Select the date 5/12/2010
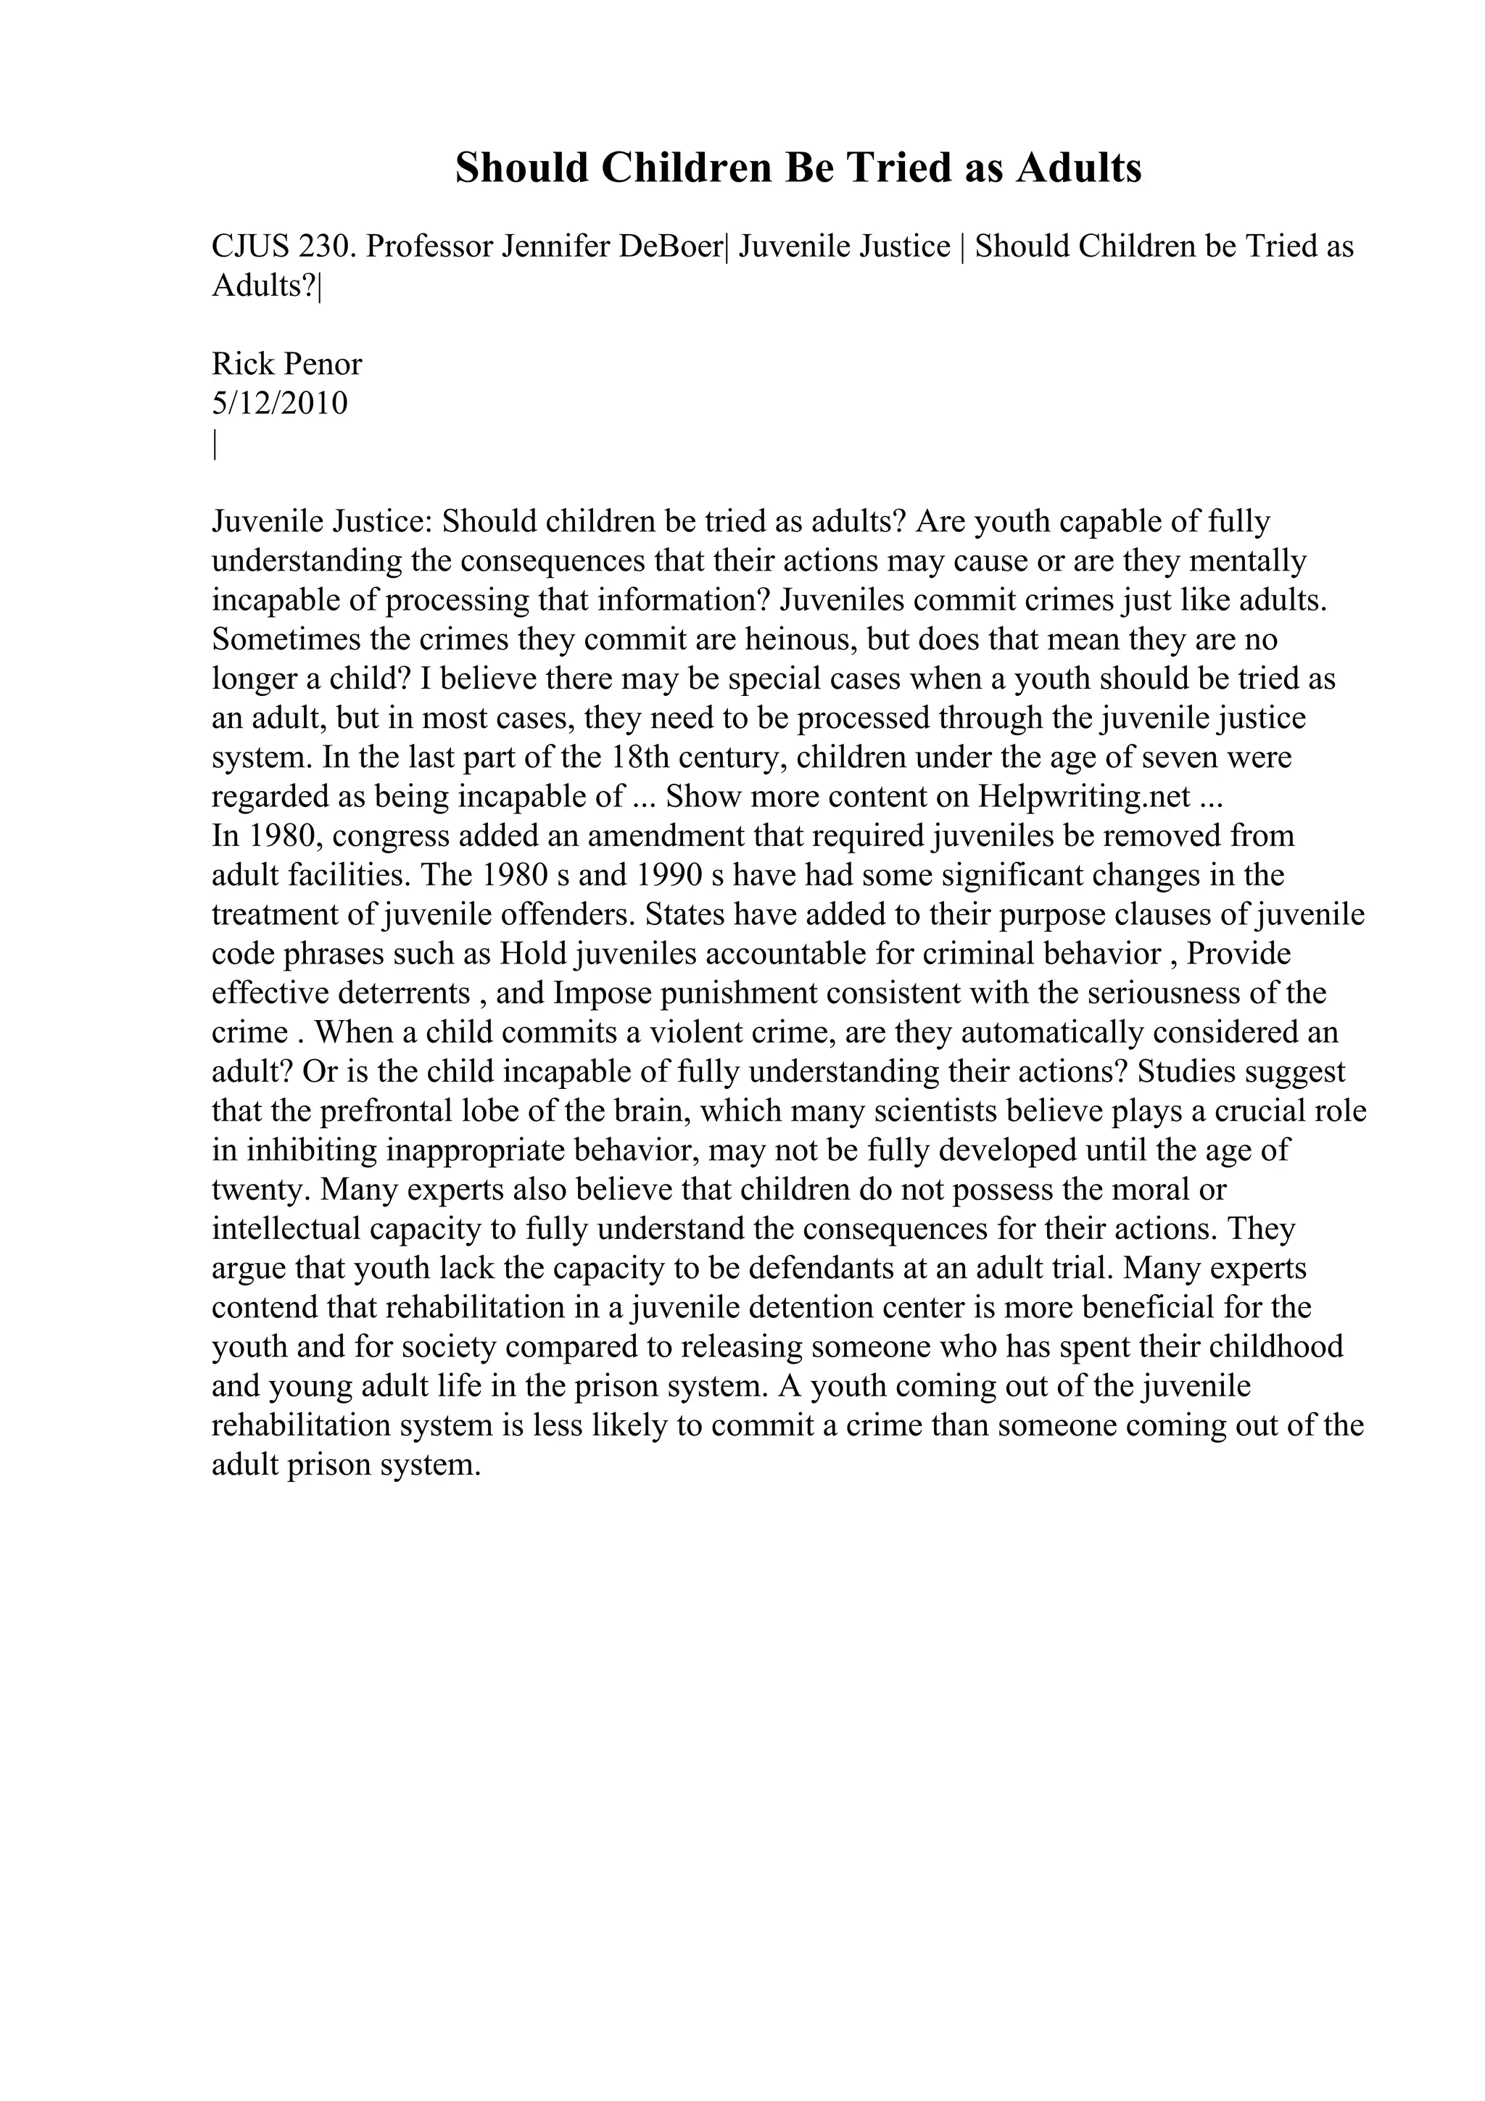tap(280, 404)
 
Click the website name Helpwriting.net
tap(1084, 797)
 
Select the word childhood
tap(1276, 1348)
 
